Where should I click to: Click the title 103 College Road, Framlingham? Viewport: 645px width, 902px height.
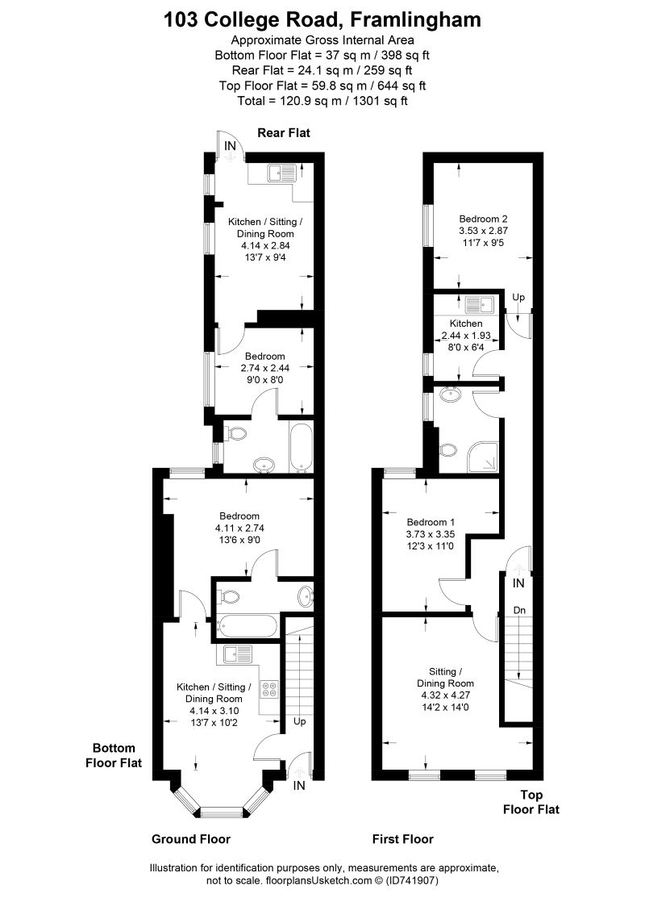[x=322, y=19]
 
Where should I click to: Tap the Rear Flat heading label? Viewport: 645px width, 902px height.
[x=284, y=132]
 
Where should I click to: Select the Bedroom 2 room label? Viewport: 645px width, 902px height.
[x=483, y=219]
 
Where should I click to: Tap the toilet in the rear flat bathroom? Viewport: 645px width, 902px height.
[x=235, y=434]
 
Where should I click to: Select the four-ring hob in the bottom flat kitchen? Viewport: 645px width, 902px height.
[x=269, y=689]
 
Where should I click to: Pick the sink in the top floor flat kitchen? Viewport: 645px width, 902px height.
[x=481, y=305]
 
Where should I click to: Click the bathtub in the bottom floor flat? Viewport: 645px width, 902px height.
[x=247, y=625]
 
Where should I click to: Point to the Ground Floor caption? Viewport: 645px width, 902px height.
[x=191, y=839]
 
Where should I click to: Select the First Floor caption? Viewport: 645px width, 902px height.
[x=403, y=839]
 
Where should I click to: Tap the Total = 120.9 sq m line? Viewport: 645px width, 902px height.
[x=322, y=101]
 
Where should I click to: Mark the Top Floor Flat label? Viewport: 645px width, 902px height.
[x=531, y=801]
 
